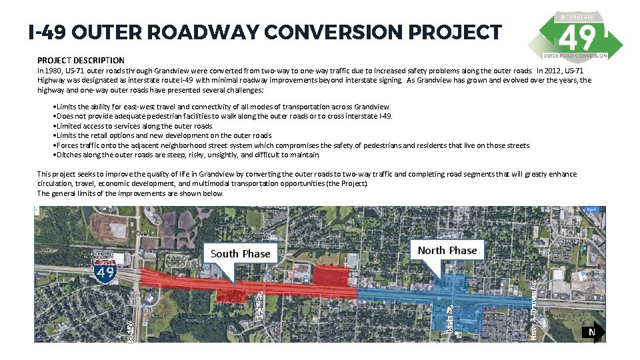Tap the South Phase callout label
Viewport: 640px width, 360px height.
click(x=240, y=253)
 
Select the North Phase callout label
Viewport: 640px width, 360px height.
click(x=447, y=250)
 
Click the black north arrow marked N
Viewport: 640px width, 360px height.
click(x=593, y=331)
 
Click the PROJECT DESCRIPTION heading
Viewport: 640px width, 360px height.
click(x=81, y=60)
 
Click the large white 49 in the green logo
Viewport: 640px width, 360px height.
click(x=577, y=38)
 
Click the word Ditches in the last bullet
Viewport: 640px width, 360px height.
click(x=69, y=155)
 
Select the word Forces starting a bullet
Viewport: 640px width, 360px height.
click(x=67, y=145)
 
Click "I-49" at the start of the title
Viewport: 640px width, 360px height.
click(x=46, y=32)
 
